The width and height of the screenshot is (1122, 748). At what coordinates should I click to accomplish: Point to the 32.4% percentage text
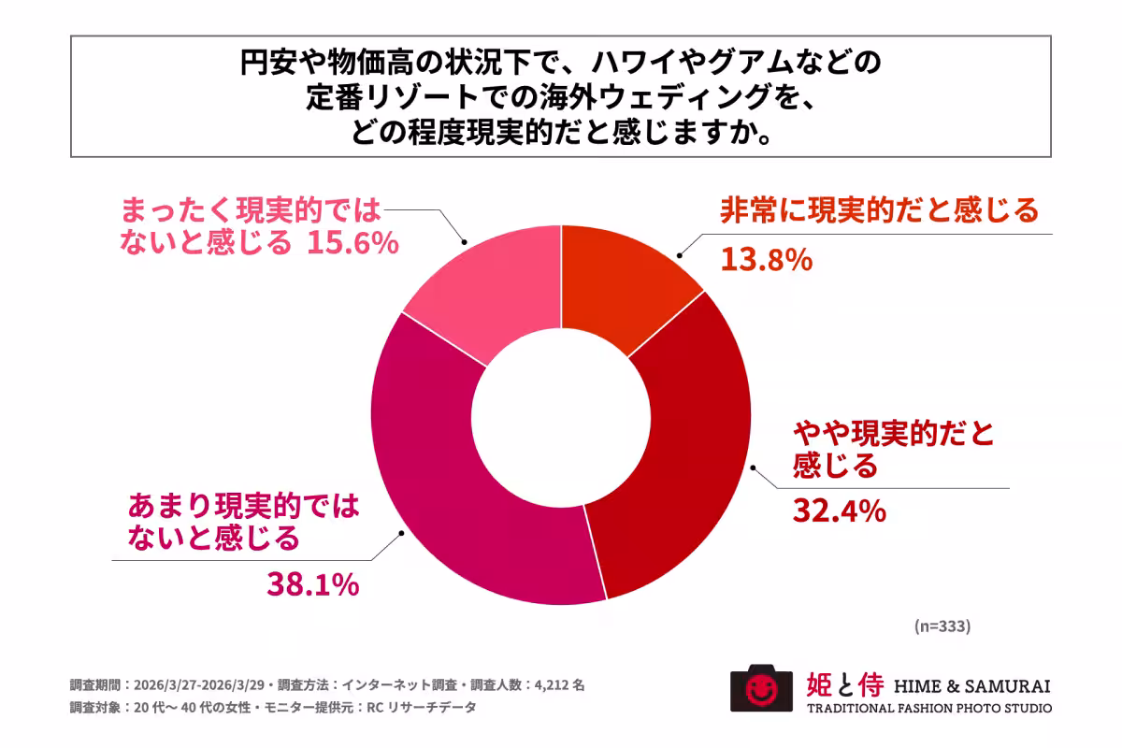[839, 511]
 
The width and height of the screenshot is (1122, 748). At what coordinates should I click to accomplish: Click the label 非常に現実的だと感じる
[879, 210]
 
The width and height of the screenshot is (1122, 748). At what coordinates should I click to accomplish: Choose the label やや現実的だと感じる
[893, 449]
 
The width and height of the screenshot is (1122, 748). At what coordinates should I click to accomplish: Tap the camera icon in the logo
[754, 689]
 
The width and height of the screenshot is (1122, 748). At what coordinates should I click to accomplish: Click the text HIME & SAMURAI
[972, 685]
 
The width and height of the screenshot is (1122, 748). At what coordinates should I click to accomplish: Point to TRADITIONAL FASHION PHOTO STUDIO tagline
[929, 709]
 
